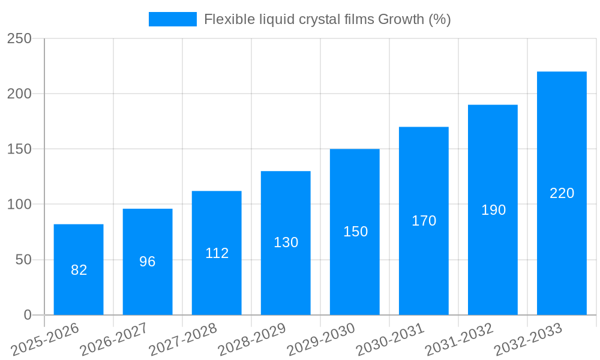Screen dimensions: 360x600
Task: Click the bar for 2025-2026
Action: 79,269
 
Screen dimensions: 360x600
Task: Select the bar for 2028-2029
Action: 286,243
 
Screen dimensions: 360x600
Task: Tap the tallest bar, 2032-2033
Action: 562,193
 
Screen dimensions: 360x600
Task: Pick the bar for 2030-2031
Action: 424,221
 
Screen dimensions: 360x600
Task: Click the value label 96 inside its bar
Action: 148,262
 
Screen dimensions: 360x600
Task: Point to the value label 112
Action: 217,253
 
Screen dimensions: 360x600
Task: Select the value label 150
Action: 355,232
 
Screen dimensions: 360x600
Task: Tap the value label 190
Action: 493,210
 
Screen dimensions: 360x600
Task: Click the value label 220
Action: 562,193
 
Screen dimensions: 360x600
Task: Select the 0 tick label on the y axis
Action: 27,315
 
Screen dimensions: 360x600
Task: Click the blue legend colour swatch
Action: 173,19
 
